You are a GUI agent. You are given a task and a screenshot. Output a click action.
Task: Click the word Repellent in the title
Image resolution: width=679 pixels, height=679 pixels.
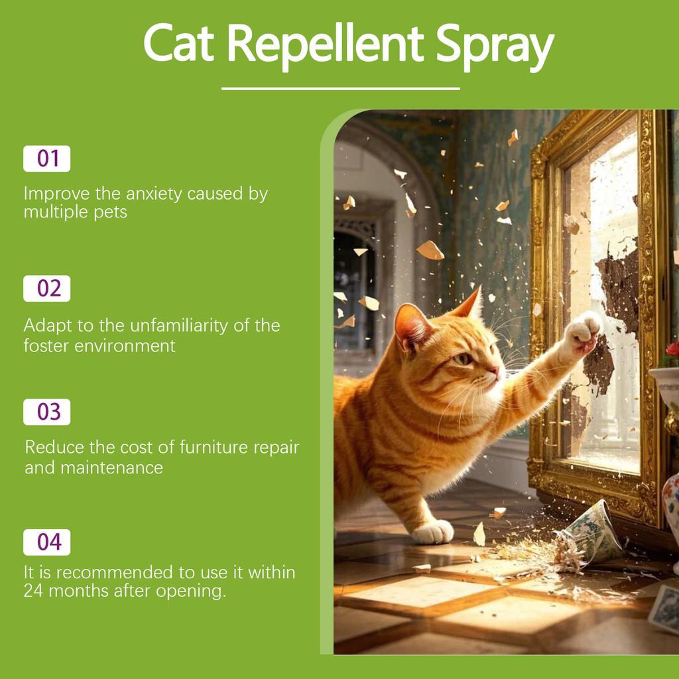coord(328,43)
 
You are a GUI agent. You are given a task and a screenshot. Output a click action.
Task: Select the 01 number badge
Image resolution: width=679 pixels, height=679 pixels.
coord(47,159)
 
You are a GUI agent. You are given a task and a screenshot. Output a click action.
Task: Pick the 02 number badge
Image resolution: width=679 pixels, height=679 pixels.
coord(47,289)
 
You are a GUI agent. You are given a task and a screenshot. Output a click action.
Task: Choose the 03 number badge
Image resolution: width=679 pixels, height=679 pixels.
coord(47,412)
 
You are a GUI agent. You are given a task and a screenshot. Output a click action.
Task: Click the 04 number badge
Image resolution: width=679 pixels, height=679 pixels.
coord(47,542)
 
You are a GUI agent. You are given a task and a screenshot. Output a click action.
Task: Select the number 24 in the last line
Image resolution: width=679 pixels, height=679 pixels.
coord(34,591)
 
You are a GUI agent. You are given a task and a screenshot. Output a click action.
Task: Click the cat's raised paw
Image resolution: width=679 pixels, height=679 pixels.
coord(583,329)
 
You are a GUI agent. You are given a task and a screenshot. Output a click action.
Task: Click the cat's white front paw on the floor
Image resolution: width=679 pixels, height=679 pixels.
coord(432,532)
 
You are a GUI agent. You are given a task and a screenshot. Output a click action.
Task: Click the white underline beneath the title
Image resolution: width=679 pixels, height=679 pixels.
coord(340,88)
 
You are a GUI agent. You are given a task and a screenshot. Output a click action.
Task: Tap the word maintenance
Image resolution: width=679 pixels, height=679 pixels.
coord(112,467)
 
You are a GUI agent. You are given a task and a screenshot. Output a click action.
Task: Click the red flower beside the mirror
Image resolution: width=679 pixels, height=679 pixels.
coord(672,349)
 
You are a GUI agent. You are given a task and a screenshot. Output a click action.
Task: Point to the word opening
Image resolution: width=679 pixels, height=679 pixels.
coord(192,591)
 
